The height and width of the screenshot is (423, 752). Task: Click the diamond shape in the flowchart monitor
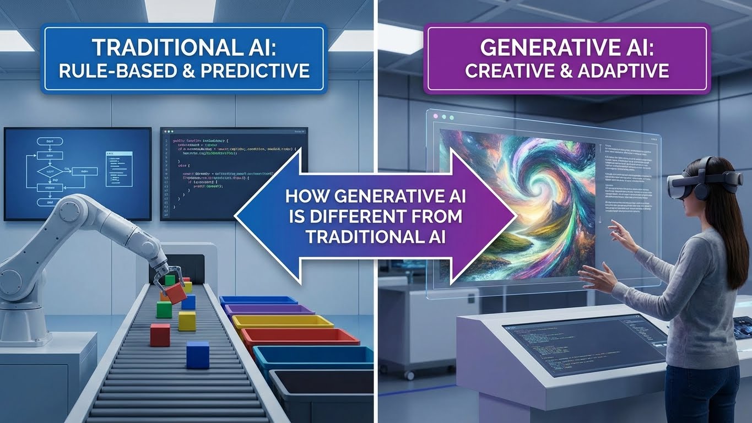tap(50, 172)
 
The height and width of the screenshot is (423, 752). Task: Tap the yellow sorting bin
tap(282, 322)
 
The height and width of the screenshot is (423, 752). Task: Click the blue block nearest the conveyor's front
tap(198, 354)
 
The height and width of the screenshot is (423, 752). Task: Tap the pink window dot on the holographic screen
tap(435, 117)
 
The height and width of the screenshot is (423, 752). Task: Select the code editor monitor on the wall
tap(234, 173)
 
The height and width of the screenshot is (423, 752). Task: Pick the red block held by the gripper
tap(176, 292)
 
